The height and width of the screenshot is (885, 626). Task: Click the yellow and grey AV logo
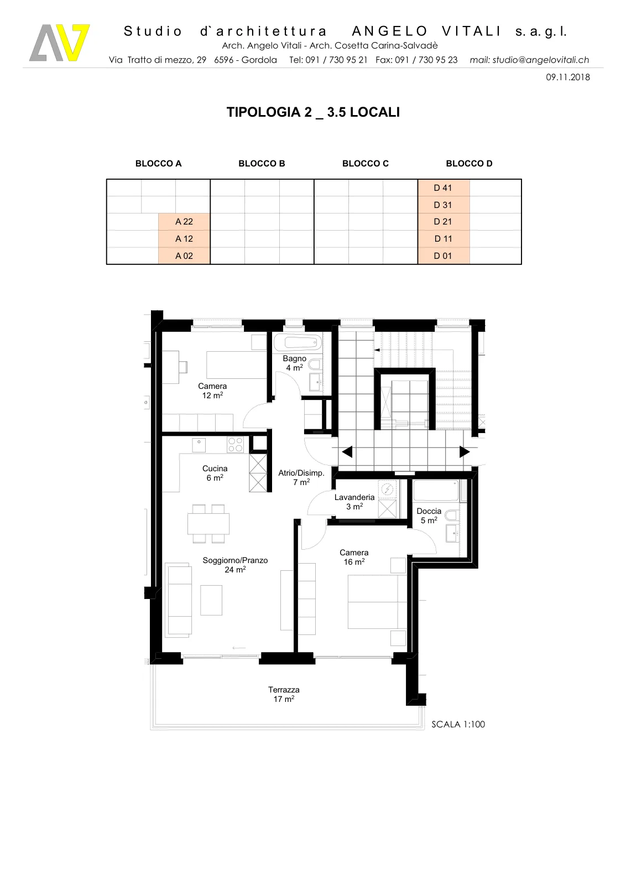[x=60, y=43]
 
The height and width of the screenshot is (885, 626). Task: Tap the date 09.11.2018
[x=567, y=77]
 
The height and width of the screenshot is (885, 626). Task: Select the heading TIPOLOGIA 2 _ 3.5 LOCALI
[x=313, y=112]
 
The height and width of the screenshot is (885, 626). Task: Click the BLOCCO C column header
[x=366, y=164]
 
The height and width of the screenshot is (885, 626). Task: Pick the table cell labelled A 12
[x=184, y=238]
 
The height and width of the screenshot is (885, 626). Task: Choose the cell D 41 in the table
[x=443, y=188]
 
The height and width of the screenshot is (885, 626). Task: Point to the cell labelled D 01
[x=443, y=256]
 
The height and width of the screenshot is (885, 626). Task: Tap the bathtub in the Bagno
[x=298, y=342]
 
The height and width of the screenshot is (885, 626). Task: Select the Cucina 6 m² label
[x=215, y=473]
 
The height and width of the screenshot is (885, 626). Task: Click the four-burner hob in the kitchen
[x=235, y=445]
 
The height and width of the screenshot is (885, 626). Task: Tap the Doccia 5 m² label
[x=429, y=516]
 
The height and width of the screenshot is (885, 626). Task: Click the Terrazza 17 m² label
[x=284, y=694]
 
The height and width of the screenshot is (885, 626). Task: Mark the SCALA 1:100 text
[x=458, y=724]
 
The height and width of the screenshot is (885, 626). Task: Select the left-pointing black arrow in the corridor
[x=347, y=451]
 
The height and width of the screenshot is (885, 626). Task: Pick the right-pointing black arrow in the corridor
[x=465, y=451]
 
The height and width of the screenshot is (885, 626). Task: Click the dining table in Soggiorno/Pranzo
[x=208, y=523]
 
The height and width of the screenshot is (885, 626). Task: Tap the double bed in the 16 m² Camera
[x=377, y=601]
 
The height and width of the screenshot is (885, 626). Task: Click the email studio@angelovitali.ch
[x=529, y=60]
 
